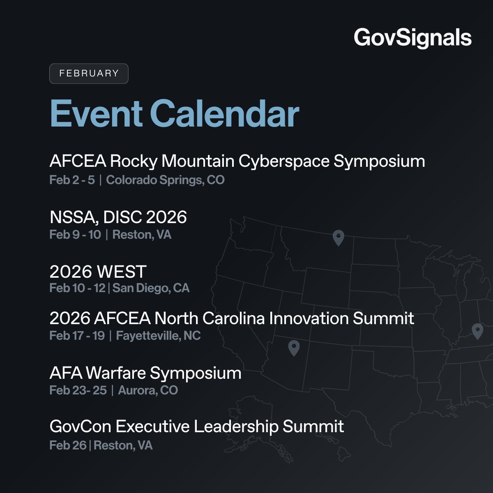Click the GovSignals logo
coord(412,38)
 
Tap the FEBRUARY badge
coord(89,74)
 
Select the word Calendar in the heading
coord(227,113)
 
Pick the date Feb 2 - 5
coord(72,180)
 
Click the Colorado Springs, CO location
coord(165,180)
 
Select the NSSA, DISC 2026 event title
coord(118,217)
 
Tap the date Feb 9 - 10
coord(75,235)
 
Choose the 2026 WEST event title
coord(98,272)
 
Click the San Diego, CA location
coord(151,288)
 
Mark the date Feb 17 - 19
coord(77,336)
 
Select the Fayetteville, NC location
coord(158,336)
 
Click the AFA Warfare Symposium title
coord(145,373)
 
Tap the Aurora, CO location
coord(147,390)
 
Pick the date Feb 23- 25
coord(78,390)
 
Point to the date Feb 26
coord(68,445)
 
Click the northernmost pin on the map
coord(338,237)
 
